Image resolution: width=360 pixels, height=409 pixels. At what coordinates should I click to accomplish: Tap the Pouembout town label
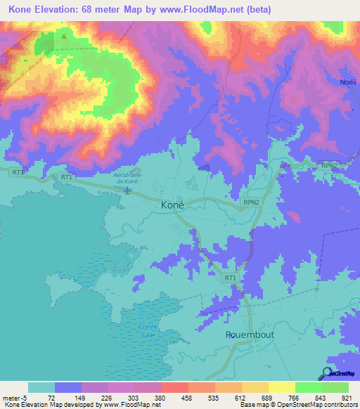click(250, 335)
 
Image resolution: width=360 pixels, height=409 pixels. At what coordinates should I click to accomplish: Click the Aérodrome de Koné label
click(127, 178)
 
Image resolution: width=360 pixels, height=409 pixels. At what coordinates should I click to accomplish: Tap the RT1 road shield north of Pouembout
click(230, 278)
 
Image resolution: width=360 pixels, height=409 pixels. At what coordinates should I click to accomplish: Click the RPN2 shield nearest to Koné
click(252, 202)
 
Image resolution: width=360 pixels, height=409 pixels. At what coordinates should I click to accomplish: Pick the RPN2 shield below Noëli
click(330, 164)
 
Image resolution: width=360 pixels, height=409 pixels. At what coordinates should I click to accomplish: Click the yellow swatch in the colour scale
click(281, 387)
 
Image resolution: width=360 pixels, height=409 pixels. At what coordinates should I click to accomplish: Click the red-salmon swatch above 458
click(174, 387)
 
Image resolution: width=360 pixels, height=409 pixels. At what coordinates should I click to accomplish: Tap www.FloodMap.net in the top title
click(211, 10)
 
